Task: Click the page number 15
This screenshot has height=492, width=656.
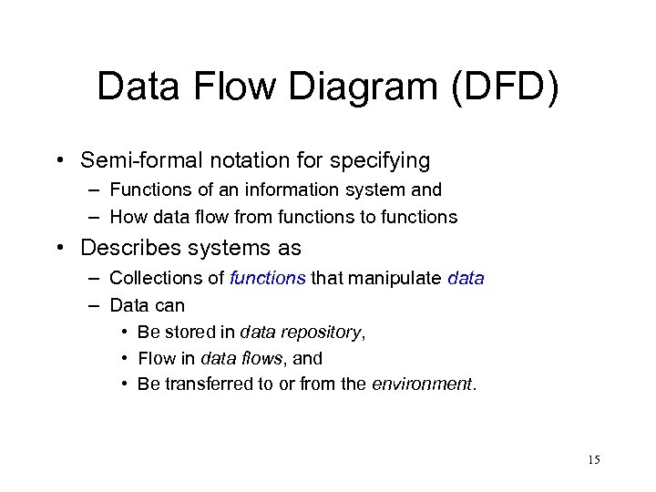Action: [593, 459]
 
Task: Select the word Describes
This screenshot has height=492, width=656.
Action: [123, 248]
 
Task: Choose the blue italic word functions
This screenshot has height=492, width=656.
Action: [268, 278]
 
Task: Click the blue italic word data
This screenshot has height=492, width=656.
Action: [466, 278]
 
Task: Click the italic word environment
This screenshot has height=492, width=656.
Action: [423, 384]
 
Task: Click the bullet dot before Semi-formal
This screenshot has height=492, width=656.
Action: [58, 162]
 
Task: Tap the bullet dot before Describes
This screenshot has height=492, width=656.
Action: [58, 249]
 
